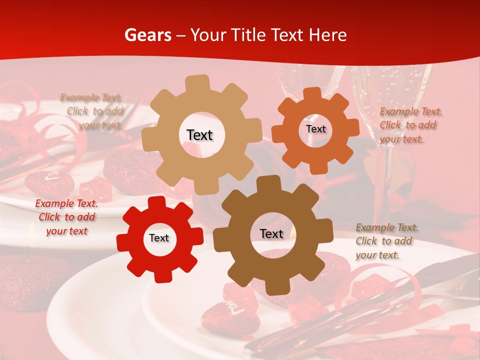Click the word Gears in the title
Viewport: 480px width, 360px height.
[x=147, y=35]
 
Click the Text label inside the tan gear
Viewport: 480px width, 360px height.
[x=199, y=135]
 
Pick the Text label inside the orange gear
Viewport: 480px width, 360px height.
[x=315, y=129]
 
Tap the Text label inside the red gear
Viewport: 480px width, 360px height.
[x=159, y=238]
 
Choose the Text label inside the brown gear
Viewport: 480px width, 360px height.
[x=271, y=233]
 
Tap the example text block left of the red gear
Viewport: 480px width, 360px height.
[x=66, y=217]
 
